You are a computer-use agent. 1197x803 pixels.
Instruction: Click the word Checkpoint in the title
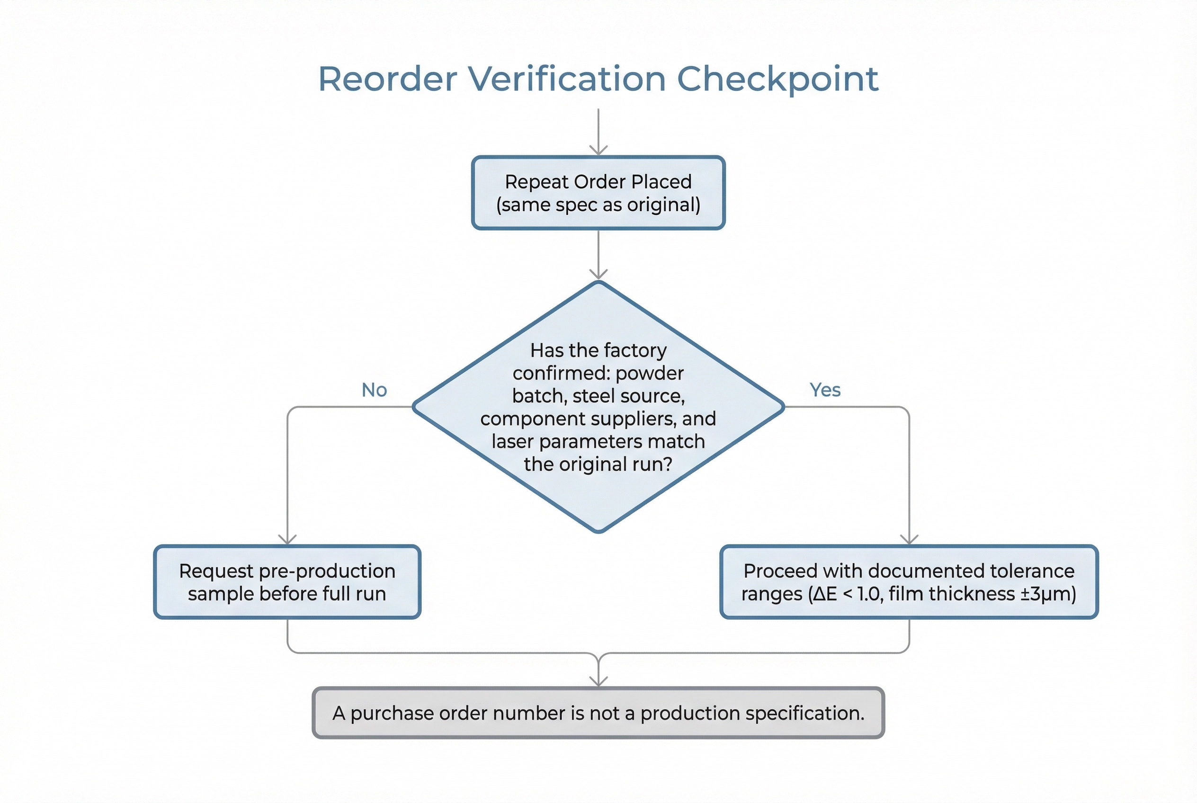(x=777, y=80)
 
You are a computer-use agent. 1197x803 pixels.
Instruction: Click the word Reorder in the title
(x=387, y=80)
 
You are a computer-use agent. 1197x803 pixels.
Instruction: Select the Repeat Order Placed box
(x=598, y=193)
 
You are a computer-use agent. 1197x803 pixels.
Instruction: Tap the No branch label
(x=374, y=390)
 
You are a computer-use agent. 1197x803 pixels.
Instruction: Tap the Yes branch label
(x=825, y=390)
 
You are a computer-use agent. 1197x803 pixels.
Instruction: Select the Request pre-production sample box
(x=287, y=582)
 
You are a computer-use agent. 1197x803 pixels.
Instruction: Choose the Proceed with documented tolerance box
(x=909, y=582)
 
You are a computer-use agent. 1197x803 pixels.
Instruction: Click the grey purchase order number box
(x=598, y=713)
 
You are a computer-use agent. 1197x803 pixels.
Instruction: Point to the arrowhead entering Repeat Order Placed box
(x=598, y=151)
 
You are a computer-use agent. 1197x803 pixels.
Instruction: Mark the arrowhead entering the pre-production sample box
(x=287, y=540)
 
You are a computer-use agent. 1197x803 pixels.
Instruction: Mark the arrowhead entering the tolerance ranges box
(x=909, y=540)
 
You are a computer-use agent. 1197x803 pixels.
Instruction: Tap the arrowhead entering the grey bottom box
(x=598, y=682)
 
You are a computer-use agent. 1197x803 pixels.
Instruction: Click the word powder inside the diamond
(x=650, y=374)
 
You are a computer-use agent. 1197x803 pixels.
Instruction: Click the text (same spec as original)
(x=598, y=205)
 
